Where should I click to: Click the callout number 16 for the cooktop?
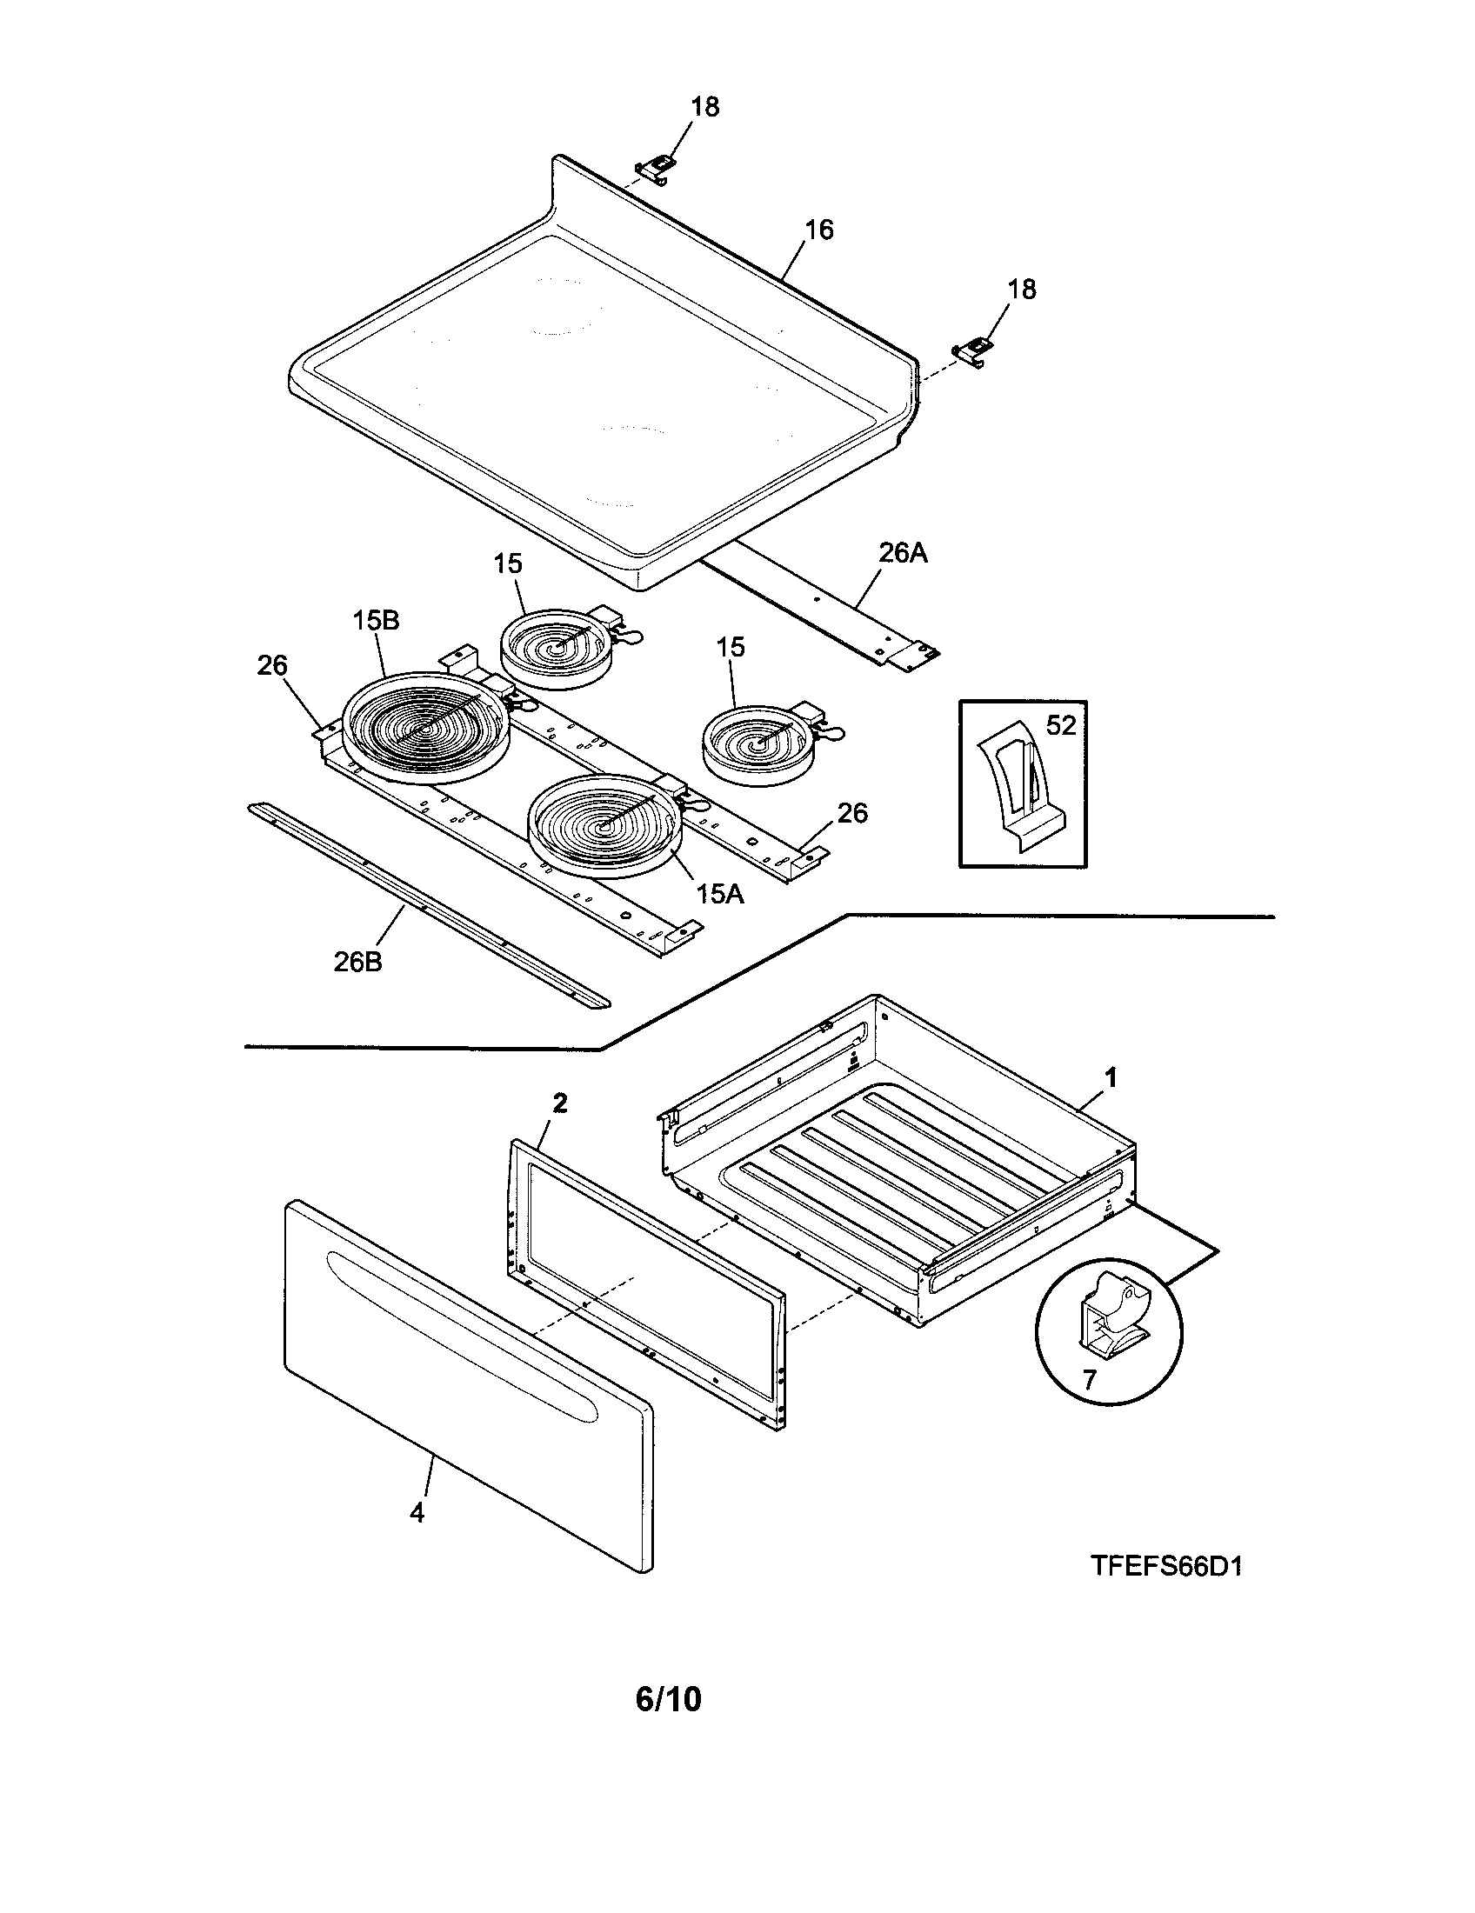pos(819,230)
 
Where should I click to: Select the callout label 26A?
pos(902,554)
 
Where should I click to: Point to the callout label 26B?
pos(357,962)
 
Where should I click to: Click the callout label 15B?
pos(377,621)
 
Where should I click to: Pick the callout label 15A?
pos(720,893)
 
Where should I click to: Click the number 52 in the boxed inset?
pos(1061,725)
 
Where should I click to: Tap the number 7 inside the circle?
pos(1089,1381)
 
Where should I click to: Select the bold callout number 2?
pos(560,1103)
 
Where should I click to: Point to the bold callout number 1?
pos(1111,1079)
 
